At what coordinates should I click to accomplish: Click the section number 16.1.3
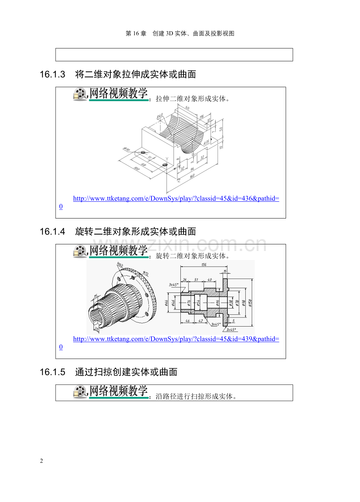tap(52, 74)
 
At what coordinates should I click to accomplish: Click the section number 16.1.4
tap(52, 232)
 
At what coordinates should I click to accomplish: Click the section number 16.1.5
tap(52, 372)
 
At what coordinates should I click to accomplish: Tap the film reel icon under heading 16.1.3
tap(80, 94)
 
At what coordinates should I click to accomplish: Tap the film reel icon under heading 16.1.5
tap(80, 392)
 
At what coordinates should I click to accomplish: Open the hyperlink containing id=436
tap(176, 199)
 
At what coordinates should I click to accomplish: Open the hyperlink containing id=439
tap(176, 339)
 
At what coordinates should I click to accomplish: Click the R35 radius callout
tap(207, 143)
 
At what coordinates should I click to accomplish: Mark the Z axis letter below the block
tap(178, 181)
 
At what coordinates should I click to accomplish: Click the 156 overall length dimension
tap(203, 265)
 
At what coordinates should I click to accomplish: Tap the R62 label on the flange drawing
tap(120, 266)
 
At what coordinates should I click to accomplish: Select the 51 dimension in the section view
tap(196, 280)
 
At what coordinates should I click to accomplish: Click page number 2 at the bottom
tap(41, 461)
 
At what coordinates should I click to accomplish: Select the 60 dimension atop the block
tap(187, 108)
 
